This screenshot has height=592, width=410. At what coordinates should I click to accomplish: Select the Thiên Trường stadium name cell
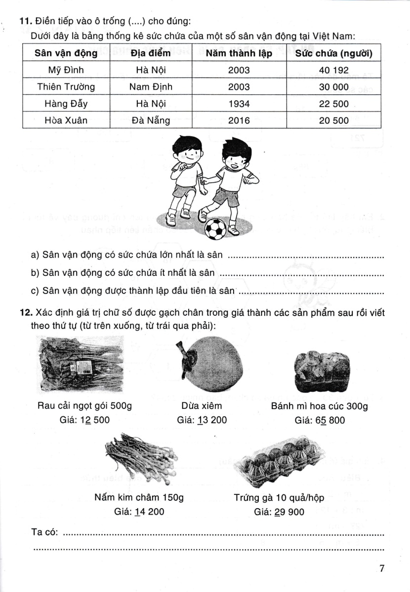[66, 86]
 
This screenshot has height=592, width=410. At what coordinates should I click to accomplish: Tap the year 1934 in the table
[239, 104]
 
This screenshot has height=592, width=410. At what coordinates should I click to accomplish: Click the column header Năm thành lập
[239, 53]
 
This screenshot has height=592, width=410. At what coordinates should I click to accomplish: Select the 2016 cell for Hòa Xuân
[239, 120]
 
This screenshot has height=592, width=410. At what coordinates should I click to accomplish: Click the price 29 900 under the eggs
[280, 512]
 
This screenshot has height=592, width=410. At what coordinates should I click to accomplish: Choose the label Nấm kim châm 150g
[139, 498]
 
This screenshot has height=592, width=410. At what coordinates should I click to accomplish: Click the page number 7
[381, 568]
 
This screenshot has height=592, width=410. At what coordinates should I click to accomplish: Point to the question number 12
[25, 312]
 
